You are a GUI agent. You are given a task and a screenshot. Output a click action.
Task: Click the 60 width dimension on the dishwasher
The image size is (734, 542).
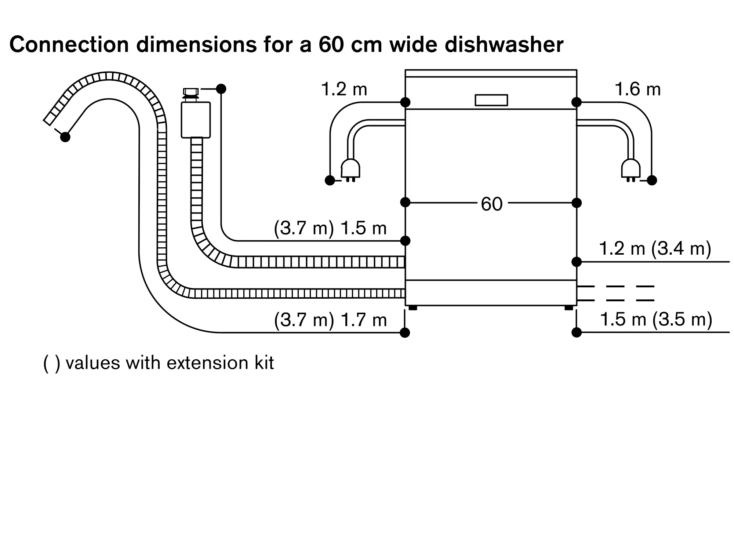(x=491, y=204)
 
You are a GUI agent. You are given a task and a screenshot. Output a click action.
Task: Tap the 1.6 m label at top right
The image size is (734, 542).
(x=638, y=89)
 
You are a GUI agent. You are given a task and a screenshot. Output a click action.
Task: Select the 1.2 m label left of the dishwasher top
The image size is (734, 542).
(x=344, y=89)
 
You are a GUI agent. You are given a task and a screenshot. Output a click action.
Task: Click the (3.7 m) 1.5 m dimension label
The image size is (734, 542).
(x=330, y=228)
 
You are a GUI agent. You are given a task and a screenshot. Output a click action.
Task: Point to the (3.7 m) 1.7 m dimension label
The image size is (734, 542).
(x=330, y=320)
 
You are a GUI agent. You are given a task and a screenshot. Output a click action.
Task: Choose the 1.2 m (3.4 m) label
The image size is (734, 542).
(x=655, y=248)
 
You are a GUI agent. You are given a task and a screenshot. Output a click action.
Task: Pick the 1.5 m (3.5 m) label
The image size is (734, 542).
(x=656, y=319)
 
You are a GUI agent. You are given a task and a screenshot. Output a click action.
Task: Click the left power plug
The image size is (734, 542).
(x=350, y=171)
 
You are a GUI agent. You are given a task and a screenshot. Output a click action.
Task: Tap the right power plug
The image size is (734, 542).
(x=631, y=171)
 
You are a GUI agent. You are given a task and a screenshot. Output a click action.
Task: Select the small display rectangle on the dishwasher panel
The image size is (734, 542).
(x=491, y=100)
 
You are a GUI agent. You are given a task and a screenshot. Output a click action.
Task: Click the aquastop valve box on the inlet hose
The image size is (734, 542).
(x=196, y=120)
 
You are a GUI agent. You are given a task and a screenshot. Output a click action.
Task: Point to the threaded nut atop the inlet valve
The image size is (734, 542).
(x=191, y=92)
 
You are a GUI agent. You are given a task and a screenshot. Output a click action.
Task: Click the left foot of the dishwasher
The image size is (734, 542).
(x=413, y=308)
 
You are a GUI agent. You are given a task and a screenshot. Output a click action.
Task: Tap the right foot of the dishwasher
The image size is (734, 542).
(x=569, y=308)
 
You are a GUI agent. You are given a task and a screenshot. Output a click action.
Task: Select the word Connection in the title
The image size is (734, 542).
(x=69, y=44)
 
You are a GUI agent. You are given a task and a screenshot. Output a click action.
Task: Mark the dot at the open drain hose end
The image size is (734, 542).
(x=65, y=137)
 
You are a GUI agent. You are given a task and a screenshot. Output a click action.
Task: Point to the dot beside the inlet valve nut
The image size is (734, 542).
(x=221, y=89)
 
